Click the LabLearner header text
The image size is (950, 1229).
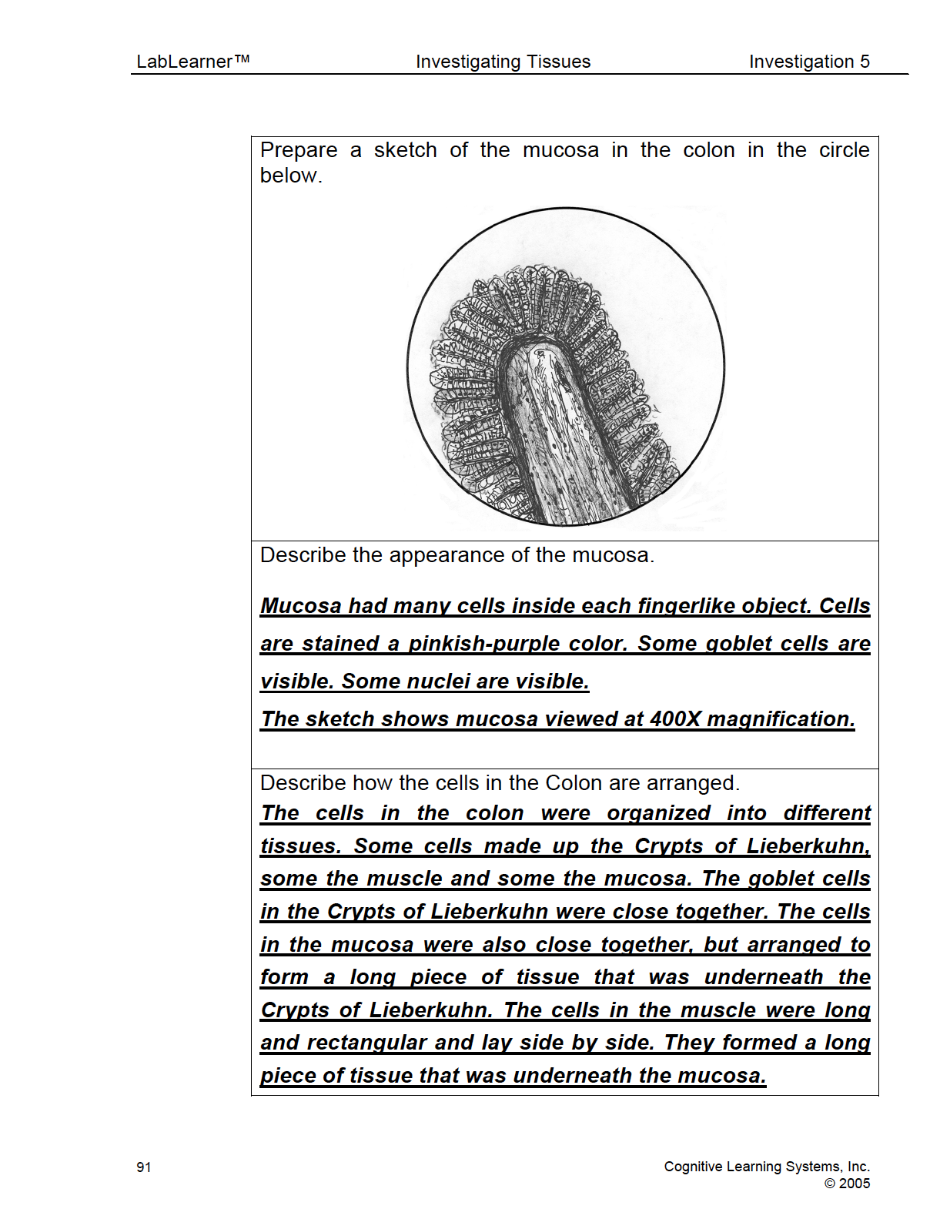point(184,62)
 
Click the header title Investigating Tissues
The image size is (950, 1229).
point(503,62)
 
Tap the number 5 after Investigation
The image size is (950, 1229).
point(865,62)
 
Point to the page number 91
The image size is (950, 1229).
point(144,1167)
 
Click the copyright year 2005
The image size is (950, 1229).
point(854,1184)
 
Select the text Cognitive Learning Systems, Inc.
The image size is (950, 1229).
point(767,1167)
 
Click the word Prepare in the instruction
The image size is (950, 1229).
point(299,150)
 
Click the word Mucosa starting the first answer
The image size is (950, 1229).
point(300,606)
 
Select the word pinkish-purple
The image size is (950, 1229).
point(488,644)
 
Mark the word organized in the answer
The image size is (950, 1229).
point(657,813)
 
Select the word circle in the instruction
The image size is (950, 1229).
point(844,150)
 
